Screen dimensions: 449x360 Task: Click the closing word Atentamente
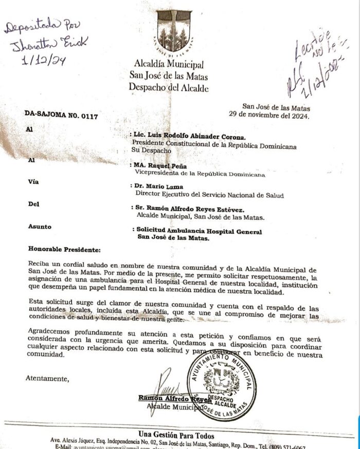click(x=47, y=379)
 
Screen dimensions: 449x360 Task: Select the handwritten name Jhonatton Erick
click(x=46, y=42)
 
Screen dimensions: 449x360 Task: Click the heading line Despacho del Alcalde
click(x=169, y=87)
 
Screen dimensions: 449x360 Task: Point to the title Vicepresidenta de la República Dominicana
click(x=200, y=174)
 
